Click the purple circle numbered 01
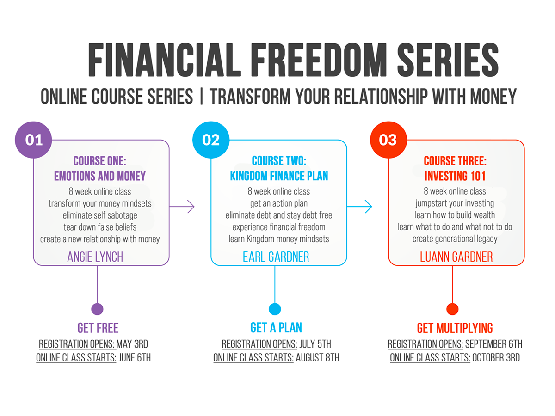pos(34,140)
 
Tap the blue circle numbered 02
pos(211,140)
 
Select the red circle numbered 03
pos(388,140)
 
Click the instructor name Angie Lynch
pos(95,257)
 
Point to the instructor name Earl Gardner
pos(276,257)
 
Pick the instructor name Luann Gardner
pos(456,257)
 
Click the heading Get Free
pos(98,328)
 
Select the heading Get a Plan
pos(276,328)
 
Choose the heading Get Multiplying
pos(455,328)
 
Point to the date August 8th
pos(318,358)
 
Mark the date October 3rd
pos(496,358)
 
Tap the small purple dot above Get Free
pos(97,309)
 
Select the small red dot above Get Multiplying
pos(452,309)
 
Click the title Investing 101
pos(456,176)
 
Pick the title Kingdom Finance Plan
pos(279,176)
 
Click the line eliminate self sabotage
pos(100,215)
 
